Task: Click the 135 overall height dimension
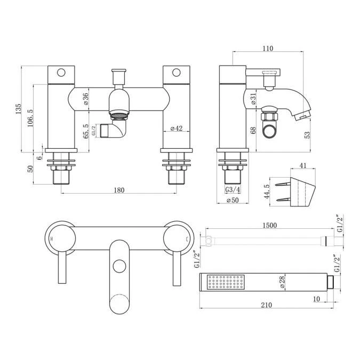(18, 110)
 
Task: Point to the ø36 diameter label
(86, 99)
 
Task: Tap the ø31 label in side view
(254, 98)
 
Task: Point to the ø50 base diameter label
(232, 201)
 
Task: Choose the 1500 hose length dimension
(269, 226)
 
